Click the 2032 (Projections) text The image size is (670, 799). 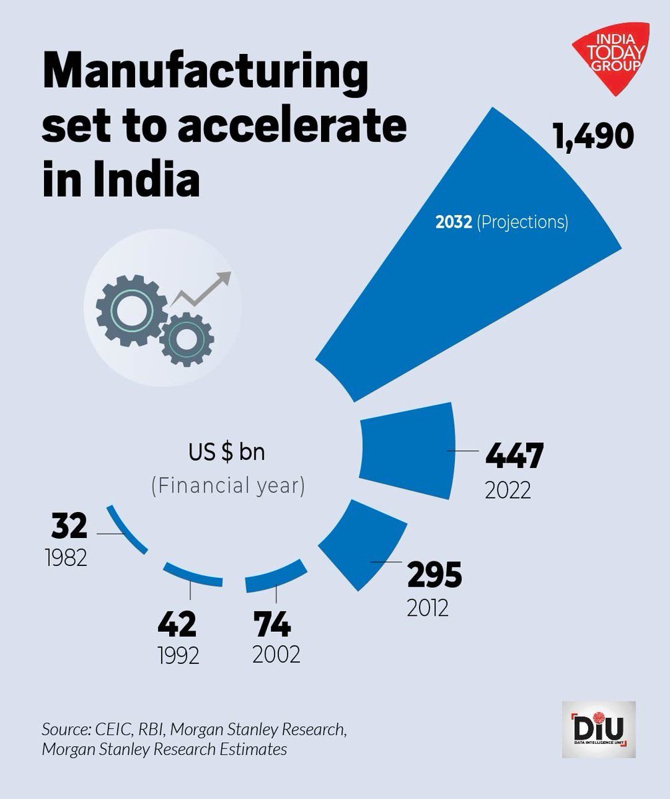(502, 222)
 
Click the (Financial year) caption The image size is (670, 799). (227, 486)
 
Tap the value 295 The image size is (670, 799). (434, 574)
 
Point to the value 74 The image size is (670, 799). (272, 626)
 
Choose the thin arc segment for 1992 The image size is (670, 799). (192, 575)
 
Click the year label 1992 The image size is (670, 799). (179, 656)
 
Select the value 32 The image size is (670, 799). (69, 527)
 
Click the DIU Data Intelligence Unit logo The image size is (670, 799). (597, 728)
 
